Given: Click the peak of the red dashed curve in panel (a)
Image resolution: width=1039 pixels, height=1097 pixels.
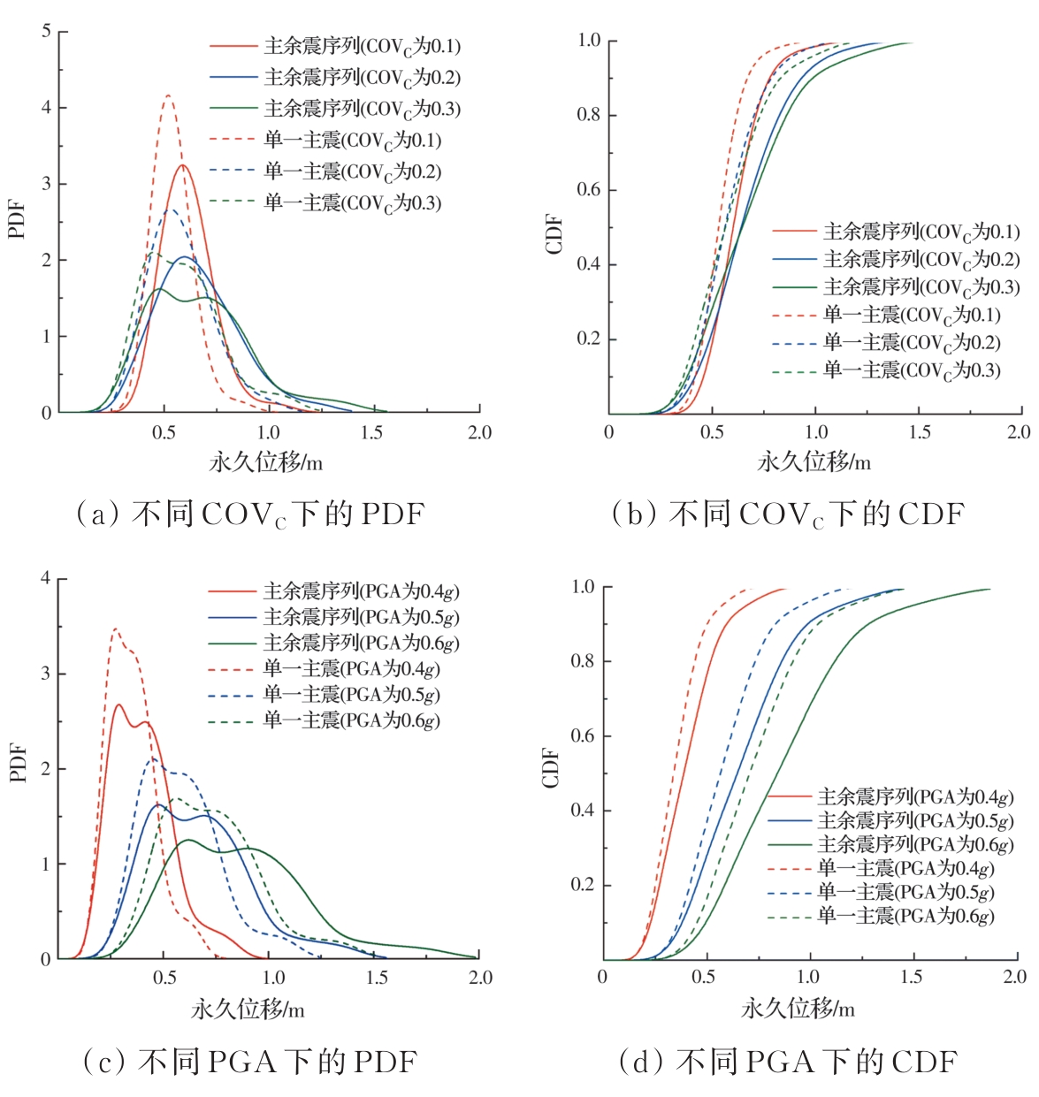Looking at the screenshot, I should click(168, 95).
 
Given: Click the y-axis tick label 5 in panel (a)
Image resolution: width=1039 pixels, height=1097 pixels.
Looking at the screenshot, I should click(46, 32).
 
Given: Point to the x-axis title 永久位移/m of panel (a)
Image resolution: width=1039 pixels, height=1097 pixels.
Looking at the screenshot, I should click(265, 461).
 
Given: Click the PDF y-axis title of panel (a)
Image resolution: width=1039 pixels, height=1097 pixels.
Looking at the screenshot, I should click(17, 220).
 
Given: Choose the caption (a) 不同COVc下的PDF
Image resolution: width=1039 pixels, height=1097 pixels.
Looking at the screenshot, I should click(250, 514).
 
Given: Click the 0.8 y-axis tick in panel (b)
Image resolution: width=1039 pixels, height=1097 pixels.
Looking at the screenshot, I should click(589, 115).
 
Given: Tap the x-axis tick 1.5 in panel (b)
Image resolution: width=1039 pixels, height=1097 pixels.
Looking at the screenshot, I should click(920, 432).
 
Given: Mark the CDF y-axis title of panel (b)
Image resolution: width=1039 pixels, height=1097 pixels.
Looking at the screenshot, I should click(554, 233).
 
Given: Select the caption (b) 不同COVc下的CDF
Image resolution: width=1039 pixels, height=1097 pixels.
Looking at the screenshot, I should click(787, 514).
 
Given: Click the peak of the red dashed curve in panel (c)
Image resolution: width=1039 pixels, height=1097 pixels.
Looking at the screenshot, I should click(115, 628).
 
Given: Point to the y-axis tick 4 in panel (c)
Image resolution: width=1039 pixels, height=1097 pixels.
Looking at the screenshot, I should click(46, 578).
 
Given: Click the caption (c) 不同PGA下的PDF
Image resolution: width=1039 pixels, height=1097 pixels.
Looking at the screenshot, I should click(250, 1062).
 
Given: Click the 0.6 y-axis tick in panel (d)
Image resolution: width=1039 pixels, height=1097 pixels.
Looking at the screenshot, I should click(583, 736).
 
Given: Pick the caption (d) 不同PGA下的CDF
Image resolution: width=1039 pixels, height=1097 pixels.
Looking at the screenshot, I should click(787, 1062).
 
